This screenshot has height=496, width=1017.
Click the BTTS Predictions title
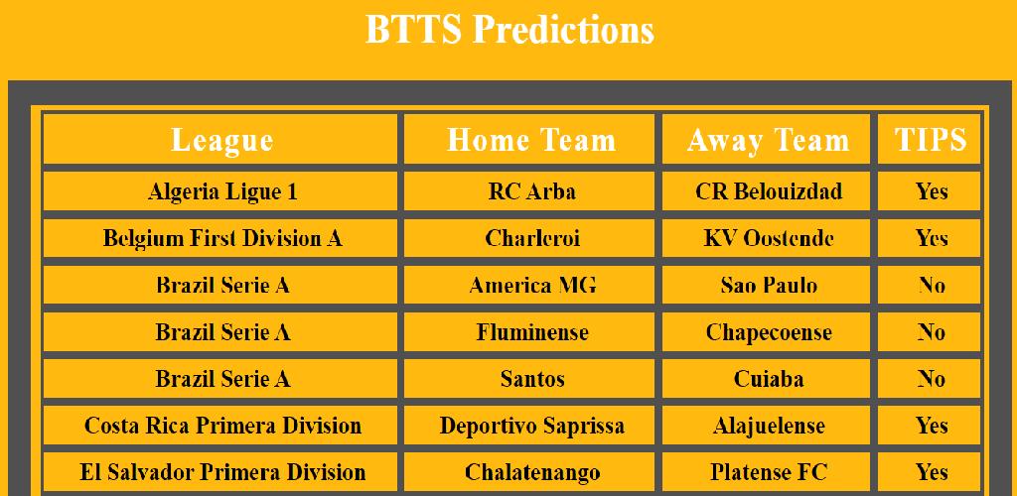(x=509, y=30)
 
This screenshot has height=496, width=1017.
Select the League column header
(x=220, y=139)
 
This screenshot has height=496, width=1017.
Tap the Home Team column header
(x=529, y=139)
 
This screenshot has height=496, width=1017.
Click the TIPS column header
(x=930, y=139)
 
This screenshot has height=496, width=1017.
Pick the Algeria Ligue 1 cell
(x=220, y=191)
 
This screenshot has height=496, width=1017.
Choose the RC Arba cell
(x=529, y=191)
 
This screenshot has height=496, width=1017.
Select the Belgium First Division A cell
(x=220, y=238)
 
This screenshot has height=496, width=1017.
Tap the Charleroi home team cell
(x=529, y=238)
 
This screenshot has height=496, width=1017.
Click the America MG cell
(x=529, y=285)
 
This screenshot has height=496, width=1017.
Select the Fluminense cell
(x=529, y=332)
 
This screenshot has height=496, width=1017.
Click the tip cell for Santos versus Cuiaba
(x=930, y=379)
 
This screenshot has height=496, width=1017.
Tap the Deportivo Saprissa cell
(x=529, y=426)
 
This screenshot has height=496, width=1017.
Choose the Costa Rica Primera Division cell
(x=220, y=426)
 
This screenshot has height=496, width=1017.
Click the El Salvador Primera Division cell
(x=220, y=472)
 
